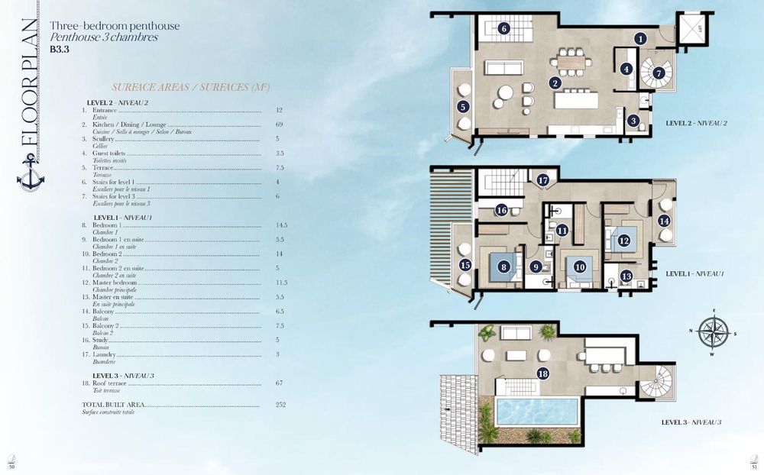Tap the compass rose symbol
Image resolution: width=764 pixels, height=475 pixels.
[713, 332]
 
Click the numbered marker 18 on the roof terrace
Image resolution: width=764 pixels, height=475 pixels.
[542, 373]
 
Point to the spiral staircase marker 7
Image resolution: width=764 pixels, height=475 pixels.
[659, 73]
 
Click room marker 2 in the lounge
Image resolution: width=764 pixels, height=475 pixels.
[555, 82]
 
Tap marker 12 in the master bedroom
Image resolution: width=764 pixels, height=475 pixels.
[623, 241]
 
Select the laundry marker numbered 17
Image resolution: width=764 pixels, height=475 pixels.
[543, 180]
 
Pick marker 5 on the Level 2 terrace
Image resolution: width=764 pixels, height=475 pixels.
[463, 107]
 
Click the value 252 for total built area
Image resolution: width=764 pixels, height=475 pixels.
[280, 404]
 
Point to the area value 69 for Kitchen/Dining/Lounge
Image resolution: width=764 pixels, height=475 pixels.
[279, 124]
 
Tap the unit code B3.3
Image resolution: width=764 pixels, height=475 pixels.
[58, 48]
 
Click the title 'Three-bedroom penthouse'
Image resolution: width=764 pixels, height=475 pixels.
[115, 25]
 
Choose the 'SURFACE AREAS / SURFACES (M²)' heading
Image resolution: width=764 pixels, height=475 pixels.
[190, 87]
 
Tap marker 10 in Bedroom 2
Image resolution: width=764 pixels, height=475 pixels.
[580, 267]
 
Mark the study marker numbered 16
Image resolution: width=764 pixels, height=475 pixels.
[501, 210]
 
